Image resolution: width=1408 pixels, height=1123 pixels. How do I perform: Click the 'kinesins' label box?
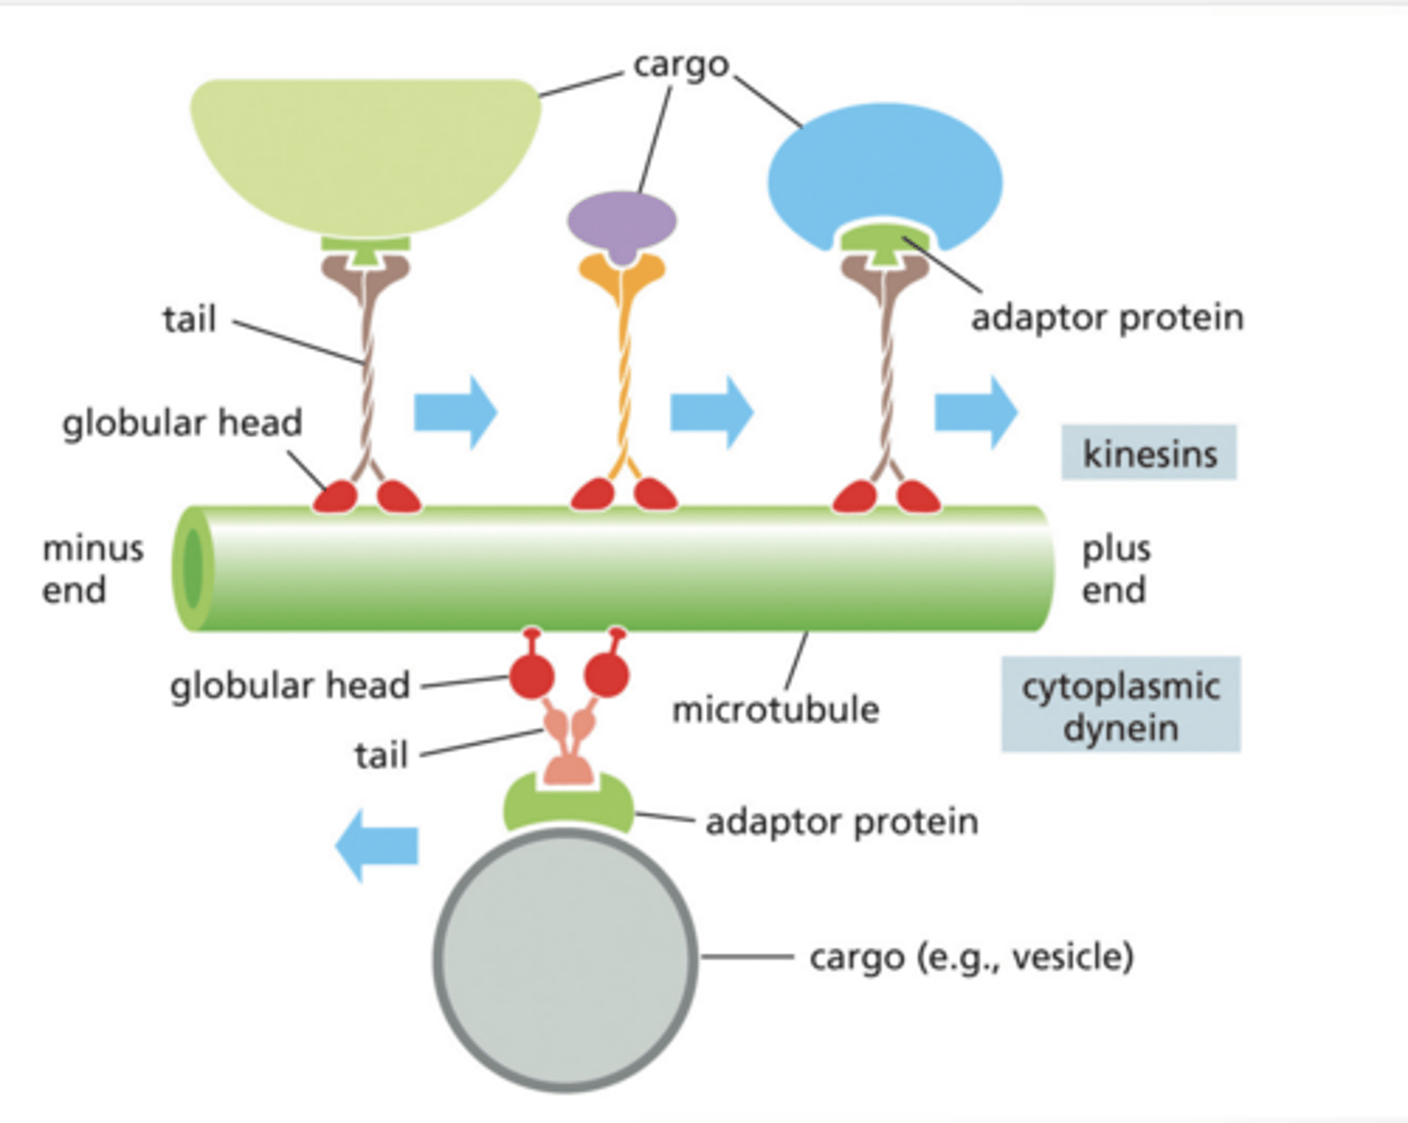pos(1149,453)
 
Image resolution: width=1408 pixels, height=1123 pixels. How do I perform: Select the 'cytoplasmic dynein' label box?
pos(1121,705)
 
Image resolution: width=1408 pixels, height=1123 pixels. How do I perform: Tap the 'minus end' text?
pos(92,569)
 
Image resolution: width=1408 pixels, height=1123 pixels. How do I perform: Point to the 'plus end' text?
pos(1116,569)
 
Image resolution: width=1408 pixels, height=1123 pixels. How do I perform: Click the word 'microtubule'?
pos(775,710)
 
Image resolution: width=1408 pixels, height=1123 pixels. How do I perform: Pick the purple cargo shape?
pos(622,221)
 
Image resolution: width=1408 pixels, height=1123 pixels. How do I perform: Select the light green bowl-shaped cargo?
pos(365,151)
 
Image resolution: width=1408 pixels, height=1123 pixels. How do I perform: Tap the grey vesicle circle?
pos(565,958)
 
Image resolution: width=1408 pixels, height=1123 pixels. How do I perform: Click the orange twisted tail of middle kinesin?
pos(622,371)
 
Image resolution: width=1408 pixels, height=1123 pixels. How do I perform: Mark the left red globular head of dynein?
pos(532,675)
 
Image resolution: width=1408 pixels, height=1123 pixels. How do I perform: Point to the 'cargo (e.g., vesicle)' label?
pos(971,957)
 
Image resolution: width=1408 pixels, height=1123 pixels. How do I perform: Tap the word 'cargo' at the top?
pos(681,65)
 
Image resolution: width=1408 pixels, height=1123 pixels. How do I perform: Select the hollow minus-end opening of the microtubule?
pos(193,568)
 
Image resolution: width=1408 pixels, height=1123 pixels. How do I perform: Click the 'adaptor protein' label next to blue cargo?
pos(1107,318)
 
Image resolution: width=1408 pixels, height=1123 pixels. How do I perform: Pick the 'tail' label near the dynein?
pos(380,756)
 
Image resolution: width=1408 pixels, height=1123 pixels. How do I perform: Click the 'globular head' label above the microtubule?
pos(182,423)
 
